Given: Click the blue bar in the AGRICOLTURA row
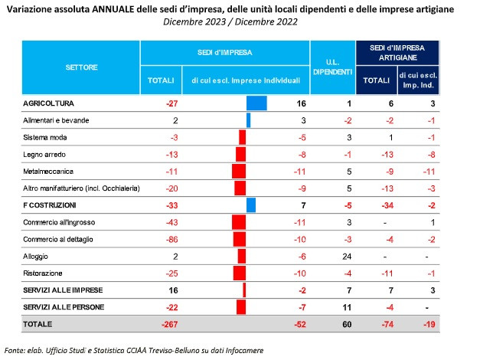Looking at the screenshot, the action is pos(256,103).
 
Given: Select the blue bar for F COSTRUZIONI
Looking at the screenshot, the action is pos(251,205).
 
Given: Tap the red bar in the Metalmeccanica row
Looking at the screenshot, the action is pos(239,172).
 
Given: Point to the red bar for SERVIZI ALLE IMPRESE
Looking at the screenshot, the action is pos(244,290).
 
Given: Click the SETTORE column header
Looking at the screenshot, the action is pos(81,67).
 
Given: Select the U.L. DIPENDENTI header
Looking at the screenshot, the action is pos(333,67).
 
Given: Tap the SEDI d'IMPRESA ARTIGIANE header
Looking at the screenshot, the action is pos(397,53).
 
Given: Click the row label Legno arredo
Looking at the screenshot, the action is pos(44,155).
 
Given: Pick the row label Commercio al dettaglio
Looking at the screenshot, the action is pos(58,239).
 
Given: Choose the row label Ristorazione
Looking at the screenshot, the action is pos(43,273).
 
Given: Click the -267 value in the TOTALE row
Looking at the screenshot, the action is pos(170,324).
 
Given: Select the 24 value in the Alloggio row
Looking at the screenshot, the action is pos(347,257).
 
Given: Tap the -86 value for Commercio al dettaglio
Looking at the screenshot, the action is pos(171,239).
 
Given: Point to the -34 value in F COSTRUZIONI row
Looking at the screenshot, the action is pos(387,205).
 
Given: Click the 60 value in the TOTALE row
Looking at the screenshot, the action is pos(347,324).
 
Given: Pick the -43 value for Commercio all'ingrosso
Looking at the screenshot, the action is pos(171,222).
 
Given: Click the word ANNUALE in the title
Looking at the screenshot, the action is pos(113,9).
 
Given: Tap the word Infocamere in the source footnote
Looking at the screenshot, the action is pos(244,350).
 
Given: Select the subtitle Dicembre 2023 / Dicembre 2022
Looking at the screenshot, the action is pos(230,21).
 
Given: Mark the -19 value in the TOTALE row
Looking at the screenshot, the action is pos(429,324).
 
